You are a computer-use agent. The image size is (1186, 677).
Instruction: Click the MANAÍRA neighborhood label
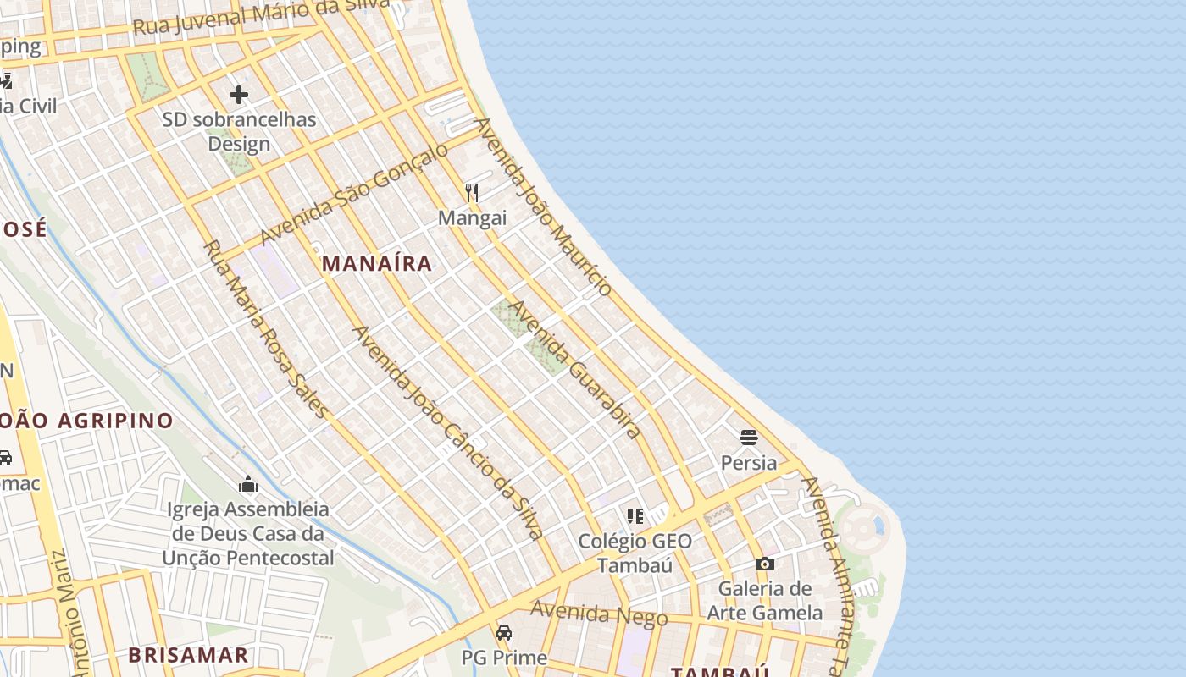[x=377, y=264]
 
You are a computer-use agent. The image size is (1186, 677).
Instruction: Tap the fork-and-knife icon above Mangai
[x=472, y=193]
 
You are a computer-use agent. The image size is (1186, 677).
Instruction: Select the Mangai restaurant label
[x=472, y=218]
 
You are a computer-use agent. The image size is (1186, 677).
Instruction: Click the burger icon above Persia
[x=748, y=437]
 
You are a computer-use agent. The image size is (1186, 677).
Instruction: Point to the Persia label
[x=749, y=463]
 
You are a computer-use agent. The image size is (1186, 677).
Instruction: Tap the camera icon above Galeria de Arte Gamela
[x=764, y=564]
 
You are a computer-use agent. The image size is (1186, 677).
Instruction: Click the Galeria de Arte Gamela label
[x=765, y=600]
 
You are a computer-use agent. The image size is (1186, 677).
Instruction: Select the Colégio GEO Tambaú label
[x=635, y=553]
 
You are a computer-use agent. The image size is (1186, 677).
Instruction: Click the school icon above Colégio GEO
[x=635, y=515]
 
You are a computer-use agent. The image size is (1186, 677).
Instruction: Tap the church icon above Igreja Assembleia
[x=248, y=484]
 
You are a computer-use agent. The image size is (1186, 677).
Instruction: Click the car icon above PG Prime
[x=504, y=632]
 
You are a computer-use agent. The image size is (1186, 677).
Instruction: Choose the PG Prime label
[x=504, y=657]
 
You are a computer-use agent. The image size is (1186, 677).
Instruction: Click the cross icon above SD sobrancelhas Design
[x=239, y=94]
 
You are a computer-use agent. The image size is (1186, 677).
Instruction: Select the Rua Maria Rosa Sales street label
[x=265, y=329]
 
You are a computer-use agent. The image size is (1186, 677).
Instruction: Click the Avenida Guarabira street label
[x=575, y=369]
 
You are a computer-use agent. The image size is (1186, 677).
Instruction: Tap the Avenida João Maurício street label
[x=543, y=206]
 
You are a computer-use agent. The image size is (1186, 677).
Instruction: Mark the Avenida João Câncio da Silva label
[x=448, y=432]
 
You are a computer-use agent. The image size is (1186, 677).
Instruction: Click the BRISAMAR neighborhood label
[x=188, y=655]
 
